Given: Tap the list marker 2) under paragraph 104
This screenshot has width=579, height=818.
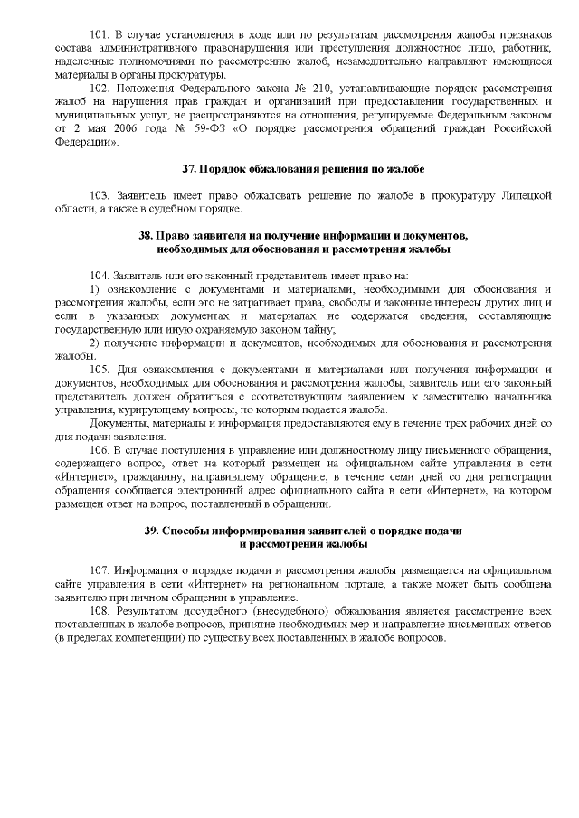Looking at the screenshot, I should tap(94, 343).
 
